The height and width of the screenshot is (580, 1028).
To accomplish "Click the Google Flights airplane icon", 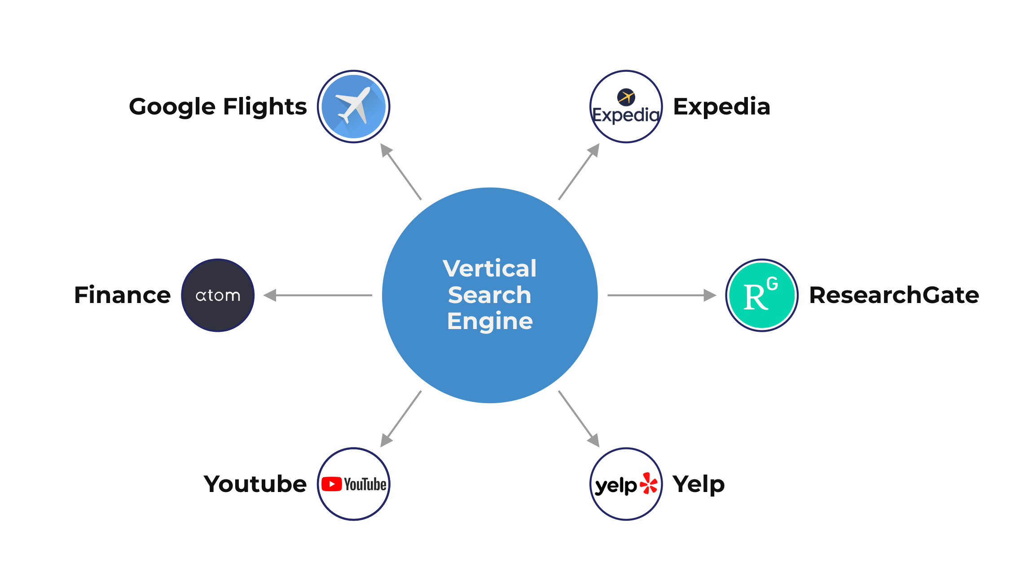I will [x=354, y=106].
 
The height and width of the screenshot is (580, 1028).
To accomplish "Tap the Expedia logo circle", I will [x=626, y=106].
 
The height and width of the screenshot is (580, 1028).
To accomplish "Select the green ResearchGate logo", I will [x=762, y=295].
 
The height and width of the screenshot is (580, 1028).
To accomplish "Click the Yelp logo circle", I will [x=626, y=484].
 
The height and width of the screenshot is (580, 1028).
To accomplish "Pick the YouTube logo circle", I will [x=354, y=484].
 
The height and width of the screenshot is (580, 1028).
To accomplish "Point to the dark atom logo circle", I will [x=218, y=295].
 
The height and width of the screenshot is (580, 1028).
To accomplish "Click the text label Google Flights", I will [x=218, y=107].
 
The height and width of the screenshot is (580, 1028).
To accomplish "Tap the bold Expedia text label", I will [x=721, y=107].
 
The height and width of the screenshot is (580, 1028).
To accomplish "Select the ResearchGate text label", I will [x=894, y=295].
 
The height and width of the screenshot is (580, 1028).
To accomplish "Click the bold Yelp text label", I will [x=699, y=484].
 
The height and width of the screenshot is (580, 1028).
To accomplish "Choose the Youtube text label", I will [x=255, y=484].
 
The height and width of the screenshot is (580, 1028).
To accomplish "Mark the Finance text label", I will [x=123, y=295].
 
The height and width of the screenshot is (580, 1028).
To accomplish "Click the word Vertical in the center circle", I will [x=489, y=268].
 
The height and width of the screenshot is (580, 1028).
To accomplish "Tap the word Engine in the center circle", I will [x=490, y=321].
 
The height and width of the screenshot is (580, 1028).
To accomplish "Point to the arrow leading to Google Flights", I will [x=401, y=171].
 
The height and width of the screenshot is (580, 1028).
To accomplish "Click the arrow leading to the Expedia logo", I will [x=579, y=171].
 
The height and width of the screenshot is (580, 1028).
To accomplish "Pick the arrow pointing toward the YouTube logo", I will [x=401, y=419].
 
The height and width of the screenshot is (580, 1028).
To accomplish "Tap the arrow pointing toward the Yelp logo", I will [x=579, y=419].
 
